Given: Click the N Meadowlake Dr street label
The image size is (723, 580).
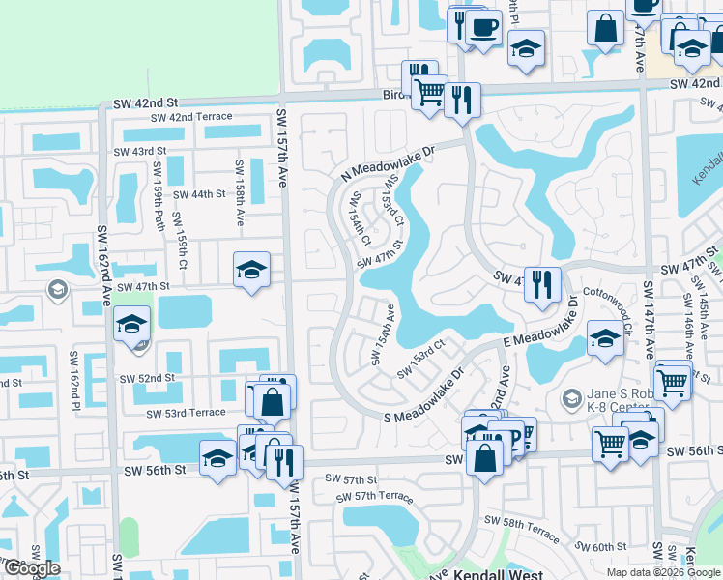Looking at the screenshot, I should tap(389, 161).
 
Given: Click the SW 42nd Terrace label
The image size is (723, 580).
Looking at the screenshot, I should tap(188, 117).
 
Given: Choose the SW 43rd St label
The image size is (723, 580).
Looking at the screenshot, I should tap(140, 152).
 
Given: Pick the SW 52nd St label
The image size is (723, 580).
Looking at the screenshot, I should tap(147, 378).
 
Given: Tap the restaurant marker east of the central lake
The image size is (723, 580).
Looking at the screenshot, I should tap(542, 284).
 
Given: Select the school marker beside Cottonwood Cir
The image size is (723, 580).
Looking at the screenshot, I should tap(605, 339).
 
